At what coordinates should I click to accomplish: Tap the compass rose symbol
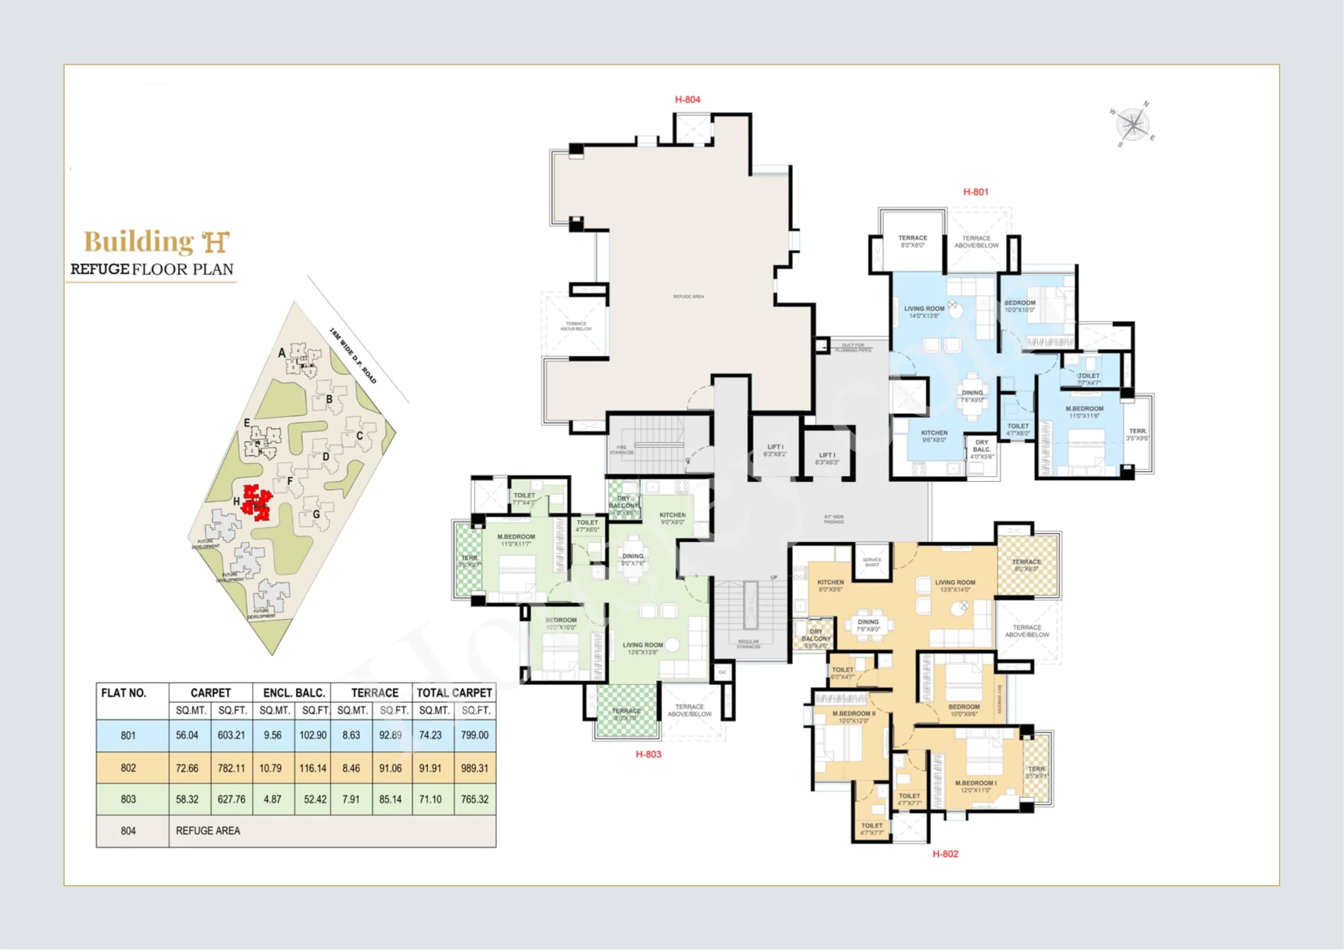click(x=1133, y=124)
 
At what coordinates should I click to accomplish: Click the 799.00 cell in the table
click(x=474, y=735)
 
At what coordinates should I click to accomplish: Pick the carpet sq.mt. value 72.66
click(x=187, y=768)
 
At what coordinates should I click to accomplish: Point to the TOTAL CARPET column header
click(x=454, y=693)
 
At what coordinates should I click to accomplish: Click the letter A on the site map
click(x=282, y=353)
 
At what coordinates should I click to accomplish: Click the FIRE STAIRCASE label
click(x=622, y=450)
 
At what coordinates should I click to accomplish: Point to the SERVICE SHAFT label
click(x=871, y=563)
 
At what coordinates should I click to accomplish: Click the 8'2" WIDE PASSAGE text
click(x=834, y=519)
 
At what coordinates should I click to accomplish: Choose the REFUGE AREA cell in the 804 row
click(x=208, y=831)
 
